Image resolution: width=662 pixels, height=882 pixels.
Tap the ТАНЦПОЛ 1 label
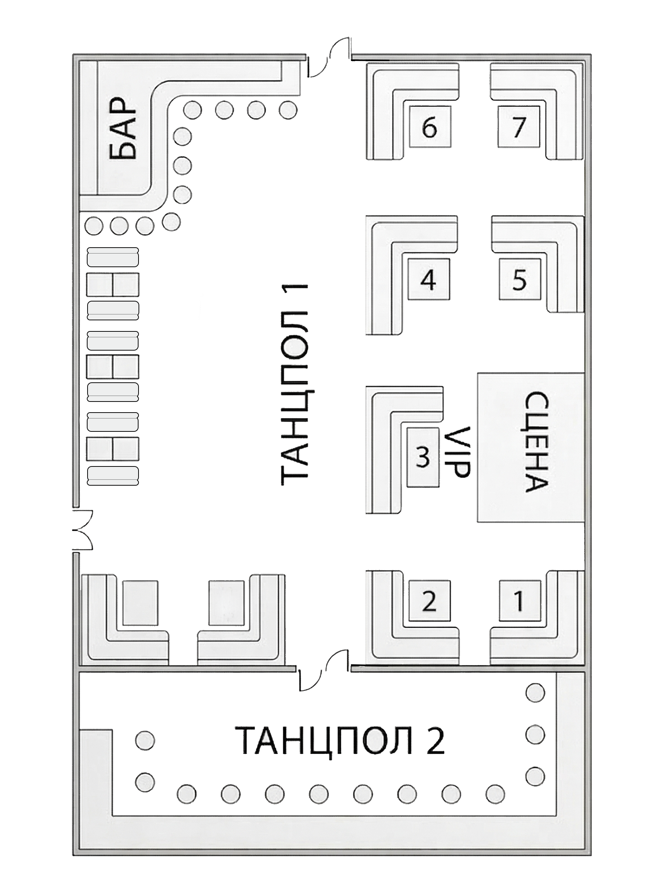click(x=295, y=384)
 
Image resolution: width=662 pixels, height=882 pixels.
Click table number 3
click(x=423, y=457)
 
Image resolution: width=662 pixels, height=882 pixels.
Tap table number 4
click(x=429, y=279)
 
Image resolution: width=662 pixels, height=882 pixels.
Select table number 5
click(x=519, y=279)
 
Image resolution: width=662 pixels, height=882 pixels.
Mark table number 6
click(x=430, y=127)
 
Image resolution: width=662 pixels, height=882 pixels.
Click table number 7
click(x=518, y=127)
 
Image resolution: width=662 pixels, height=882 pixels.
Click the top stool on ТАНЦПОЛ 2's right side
click(x=535, y=693)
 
